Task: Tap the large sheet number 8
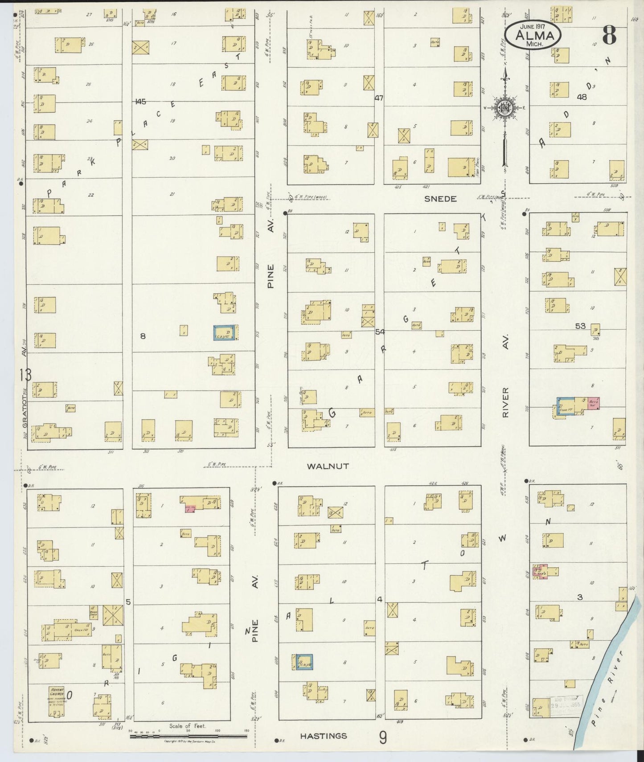tap(609, 35)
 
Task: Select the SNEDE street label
tap(440, 199)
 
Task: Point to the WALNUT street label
tap(328, 466)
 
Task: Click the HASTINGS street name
tap(324, 736)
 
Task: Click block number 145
tap(140, 102)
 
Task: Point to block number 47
tap(379, 98)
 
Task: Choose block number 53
tap(580, 326)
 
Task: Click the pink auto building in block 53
tap(593, 403)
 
